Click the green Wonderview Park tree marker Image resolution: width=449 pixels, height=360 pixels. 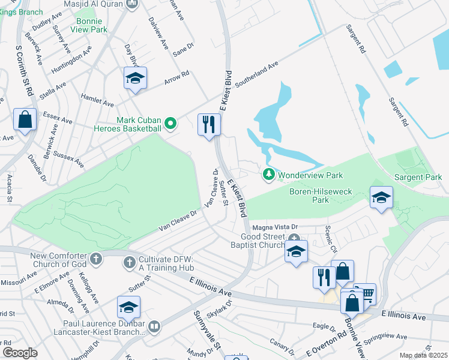[x=270, y=175]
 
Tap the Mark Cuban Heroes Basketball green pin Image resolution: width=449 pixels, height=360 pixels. [x=170, y=124]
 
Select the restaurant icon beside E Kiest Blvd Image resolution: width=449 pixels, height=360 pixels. [x=209, y=125]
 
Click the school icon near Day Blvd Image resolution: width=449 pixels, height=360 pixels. [x=136, y=78]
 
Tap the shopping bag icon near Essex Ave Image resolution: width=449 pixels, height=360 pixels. [x=25, y=119]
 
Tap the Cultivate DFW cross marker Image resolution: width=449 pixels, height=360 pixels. [x=129, y=262]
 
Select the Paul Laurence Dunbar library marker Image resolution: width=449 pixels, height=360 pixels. [x=154, y=326]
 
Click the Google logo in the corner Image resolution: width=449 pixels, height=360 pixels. [x=20, y=352]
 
